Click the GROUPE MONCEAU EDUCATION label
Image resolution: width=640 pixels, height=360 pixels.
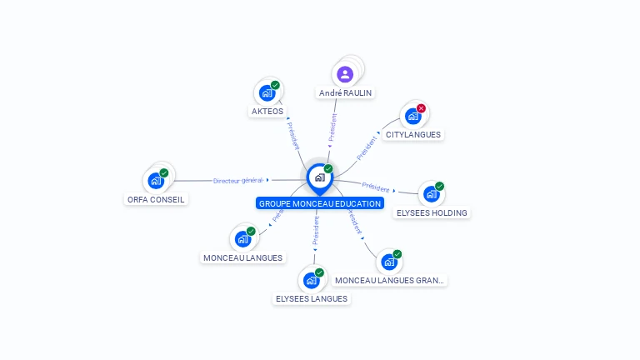click(x=320, y=203)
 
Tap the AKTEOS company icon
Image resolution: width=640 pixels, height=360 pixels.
click(x=267, y=92)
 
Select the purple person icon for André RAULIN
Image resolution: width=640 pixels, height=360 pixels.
click(x=345, y=74)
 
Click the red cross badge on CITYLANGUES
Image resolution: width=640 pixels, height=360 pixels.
click(x=421, y=108)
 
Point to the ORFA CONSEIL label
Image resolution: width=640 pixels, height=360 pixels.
click(x=156, y=199)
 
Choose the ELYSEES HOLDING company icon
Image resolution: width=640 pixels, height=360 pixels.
click(x=431, y=194)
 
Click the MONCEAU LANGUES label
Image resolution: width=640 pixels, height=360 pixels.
click(x=242, y=257)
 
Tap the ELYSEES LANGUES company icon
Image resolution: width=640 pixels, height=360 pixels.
click(x=311, y=280)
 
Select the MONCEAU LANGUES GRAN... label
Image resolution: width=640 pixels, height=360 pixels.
click(x=390, y=281)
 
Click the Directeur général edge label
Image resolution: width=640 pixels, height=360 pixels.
click(x=237, y=180)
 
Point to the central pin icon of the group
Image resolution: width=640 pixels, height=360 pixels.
click(x=319, y=177)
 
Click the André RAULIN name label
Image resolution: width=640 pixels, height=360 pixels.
click(x=345, y=93)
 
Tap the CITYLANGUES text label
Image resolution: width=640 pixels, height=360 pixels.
click(x=413, y=134)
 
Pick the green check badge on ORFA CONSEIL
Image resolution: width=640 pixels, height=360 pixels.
click(x=164, y=173)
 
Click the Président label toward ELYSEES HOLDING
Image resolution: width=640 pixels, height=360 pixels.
click(x=376, y=187)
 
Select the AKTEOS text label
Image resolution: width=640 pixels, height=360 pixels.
click(x=267, y=111)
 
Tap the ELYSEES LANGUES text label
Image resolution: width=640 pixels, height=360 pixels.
click(x=312, y=298)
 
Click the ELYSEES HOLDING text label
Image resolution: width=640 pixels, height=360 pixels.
click(x=432, y=212)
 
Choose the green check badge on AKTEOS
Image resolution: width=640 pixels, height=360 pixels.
click(x=275, y=85)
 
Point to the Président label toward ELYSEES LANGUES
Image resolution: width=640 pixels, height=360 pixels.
click(x=316, y=232)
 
